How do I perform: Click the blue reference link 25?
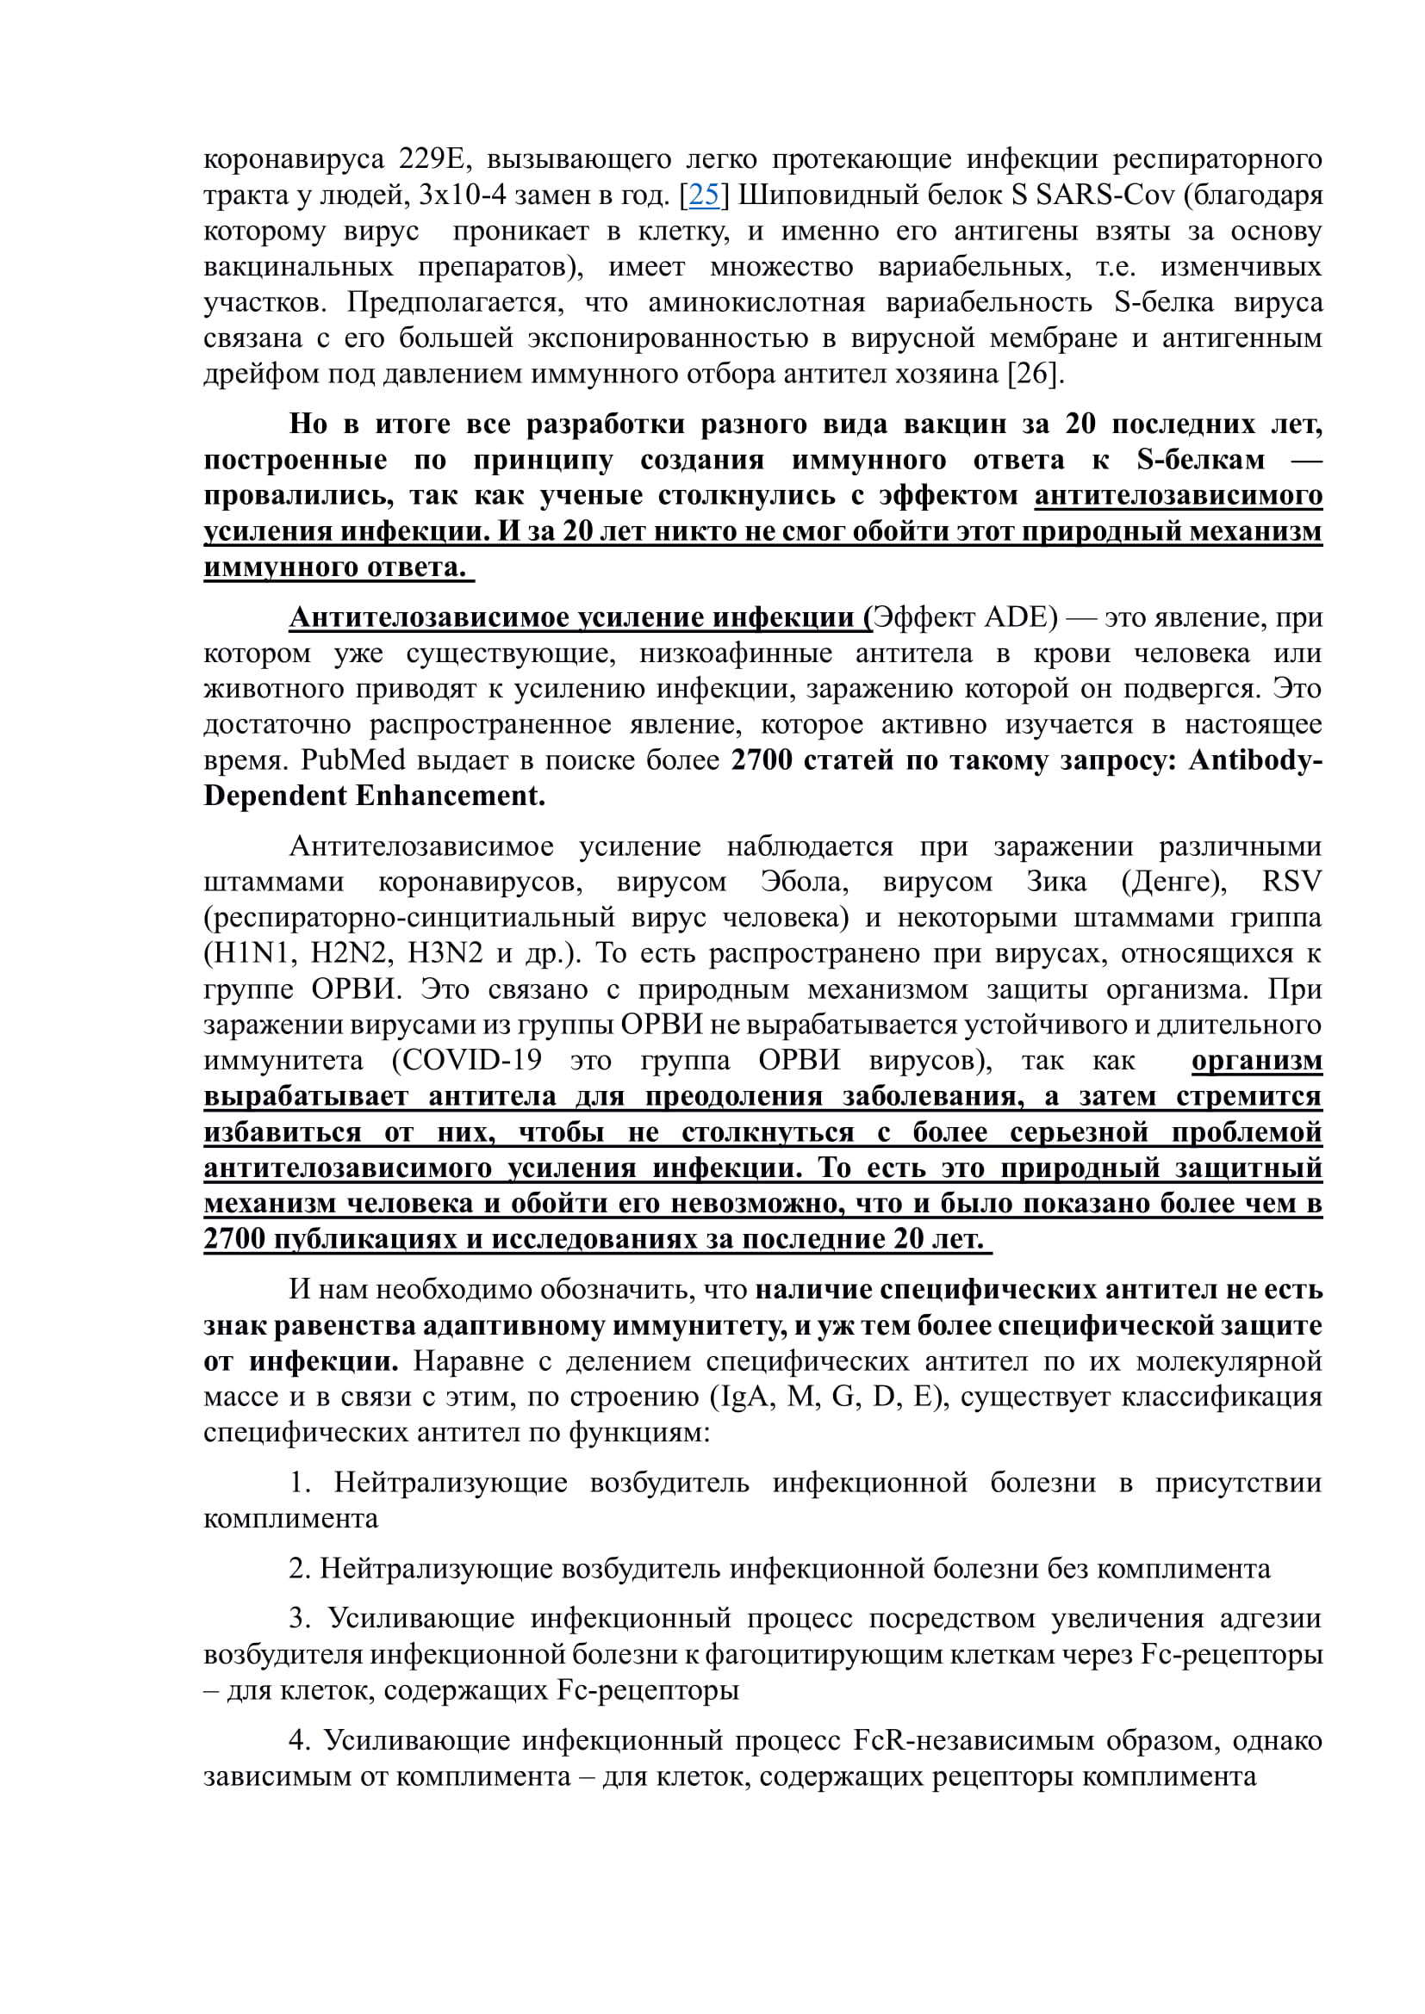pyautogui.click(x=704, y=195)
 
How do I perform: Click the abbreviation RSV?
pyautogui.click(x=1291, y=883)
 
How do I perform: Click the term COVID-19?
pyautogui.click(x=467, y=1061)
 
